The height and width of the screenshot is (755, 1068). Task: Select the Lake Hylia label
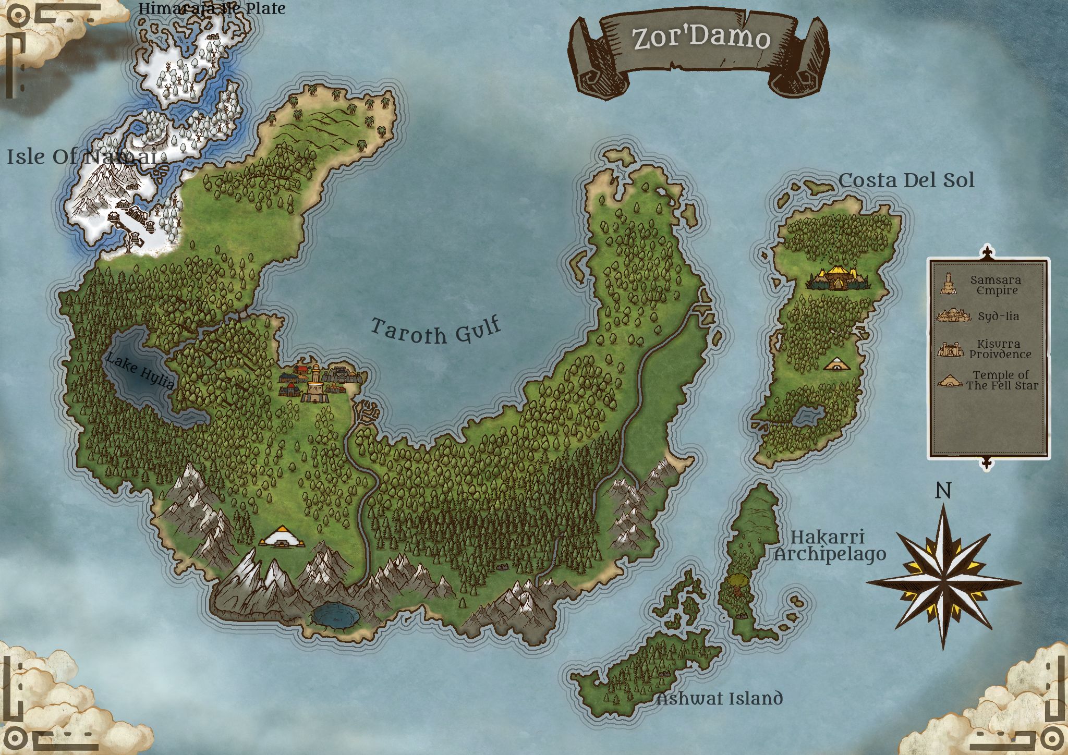[140, 371]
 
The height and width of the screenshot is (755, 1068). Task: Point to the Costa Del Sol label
[906, 180]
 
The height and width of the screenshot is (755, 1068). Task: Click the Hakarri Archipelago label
[829, 545]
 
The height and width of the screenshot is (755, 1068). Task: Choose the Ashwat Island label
[720, 698]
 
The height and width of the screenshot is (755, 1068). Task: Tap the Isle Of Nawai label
[81, 156]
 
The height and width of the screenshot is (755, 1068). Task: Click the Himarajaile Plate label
[212, 8]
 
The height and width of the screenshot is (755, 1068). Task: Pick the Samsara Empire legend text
[996, 285]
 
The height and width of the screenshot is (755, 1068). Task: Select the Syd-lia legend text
[998, 316]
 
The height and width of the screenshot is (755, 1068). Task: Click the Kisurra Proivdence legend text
[1000, 349]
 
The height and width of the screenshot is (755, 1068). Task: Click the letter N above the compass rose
[943, 491]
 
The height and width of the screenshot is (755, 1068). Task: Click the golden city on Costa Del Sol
[838, 278]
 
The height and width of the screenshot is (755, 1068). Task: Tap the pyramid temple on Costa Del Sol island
[837, 364]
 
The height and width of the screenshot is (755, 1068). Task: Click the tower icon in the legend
[948, 284]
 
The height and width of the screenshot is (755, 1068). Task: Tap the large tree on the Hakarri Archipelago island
[736, 582]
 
